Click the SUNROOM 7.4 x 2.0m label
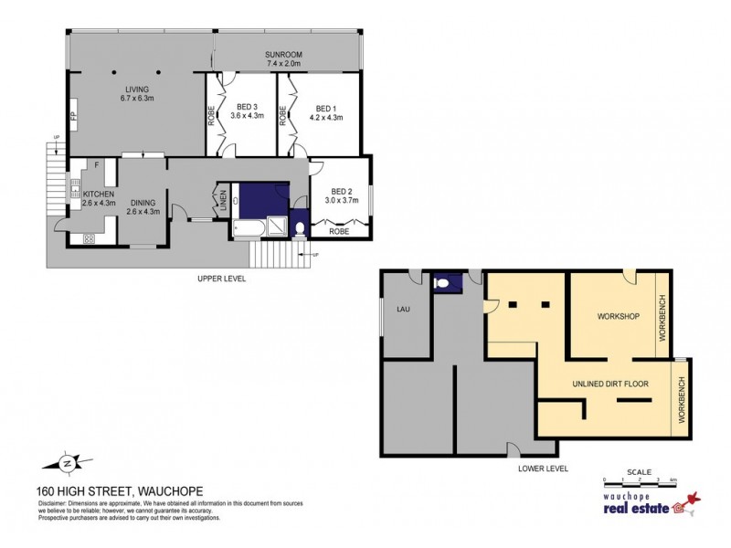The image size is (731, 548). pos(284,59)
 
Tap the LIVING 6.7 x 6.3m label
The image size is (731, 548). pos(137,93)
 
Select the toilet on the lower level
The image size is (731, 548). pos(442,284)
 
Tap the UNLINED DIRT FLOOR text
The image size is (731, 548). pos(610,384)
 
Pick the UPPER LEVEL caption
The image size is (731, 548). pos(222,278)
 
